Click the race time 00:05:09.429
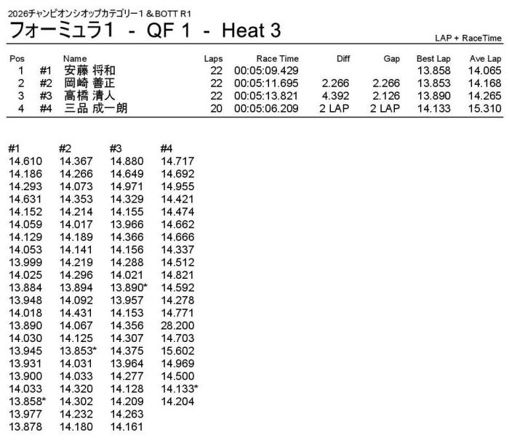click(265, 70)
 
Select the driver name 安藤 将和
click(89, 70)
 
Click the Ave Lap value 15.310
click(484, 108)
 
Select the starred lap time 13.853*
click(79, 351)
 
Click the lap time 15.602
click(176, 351)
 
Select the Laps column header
click(214, 58)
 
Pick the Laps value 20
click(215, 108)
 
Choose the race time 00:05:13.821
click(265, 96)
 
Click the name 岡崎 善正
click(89, 83)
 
